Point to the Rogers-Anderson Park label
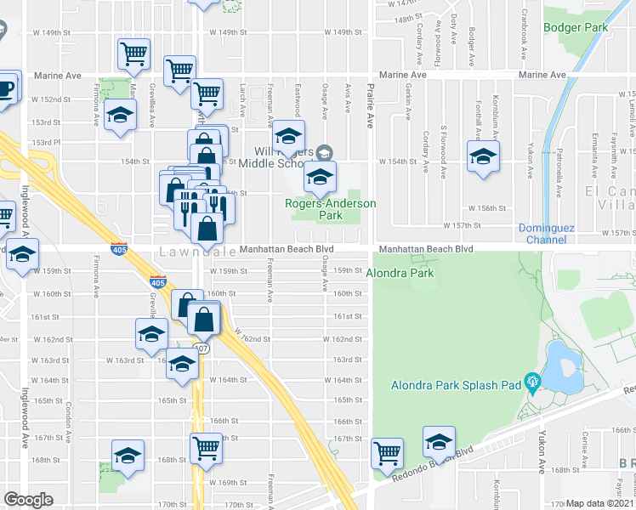(330, 210)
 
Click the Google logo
(29, 499)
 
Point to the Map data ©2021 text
(599, 503)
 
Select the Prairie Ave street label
(371, 106)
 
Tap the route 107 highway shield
(201, 348)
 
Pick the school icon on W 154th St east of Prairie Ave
(483, 156)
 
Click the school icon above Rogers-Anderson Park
(288, 135)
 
